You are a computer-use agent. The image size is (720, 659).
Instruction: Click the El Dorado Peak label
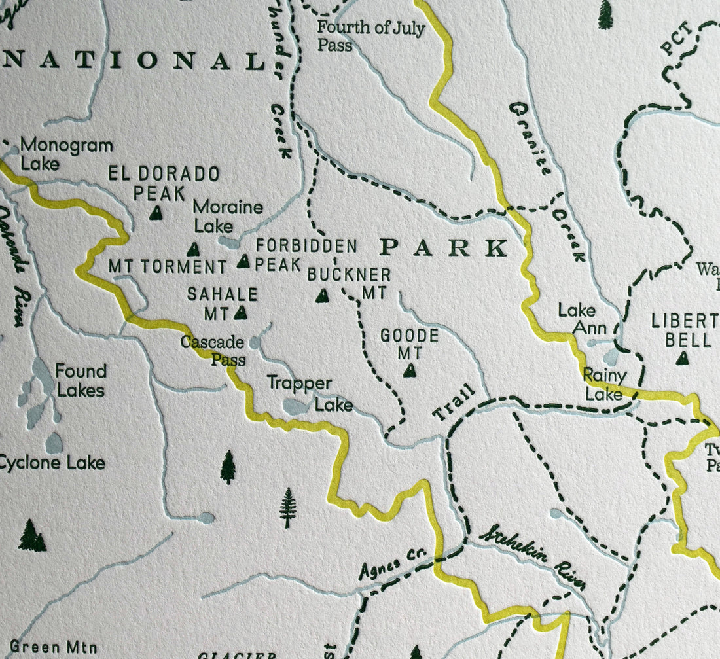[x=164, y=183]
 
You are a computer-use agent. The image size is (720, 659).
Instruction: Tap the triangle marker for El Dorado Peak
[x=156, y=213]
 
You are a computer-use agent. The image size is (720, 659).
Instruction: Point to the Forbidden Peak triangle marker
[x=243, y=262]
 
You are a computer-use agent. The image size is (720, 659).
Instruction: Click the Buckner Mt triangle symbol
[x=322, y=296]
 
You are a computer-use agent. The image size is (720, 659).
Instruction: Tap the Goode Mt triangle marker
[x=410, y=371]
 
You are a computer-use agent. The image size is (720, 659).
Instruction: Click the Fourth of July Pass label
[x=370, y=36]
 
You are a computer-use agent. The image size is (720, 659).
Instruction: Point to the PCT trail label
[x=676, y=40]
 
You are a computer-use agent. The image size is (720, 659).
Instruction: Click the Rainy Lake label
[x=604, y=385]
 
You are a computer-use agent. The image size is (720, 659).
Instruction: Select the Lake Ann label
[x=577, y=319]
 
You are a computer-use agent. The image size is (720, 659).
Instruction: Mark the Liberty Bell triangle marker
[x=683, y=359]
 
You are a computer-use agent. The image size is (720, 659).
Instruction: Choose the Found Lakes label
[x=80, y=381]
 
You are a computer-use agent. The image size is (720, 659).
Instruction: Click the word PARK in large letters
[x=444, y=248]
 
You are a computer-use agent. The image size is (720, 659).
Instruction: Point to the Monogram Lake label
[x=65, y=154]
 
